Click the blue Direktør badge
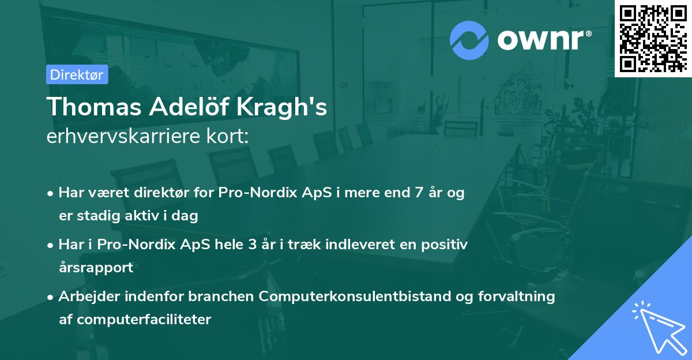pyautogui.click(x=77, y=74)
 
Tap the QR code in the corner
pyautogui.click(x=653, y=38)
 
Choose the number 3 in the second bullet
pyautogui.click(x=252, y=245)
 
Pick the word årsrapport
pyautogui.click(x=96, y=267)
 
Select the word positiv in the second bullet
pyautogui.click(x=446, y=245)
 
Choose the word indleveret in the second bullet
pyautogui.click(x=345, y=245)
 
